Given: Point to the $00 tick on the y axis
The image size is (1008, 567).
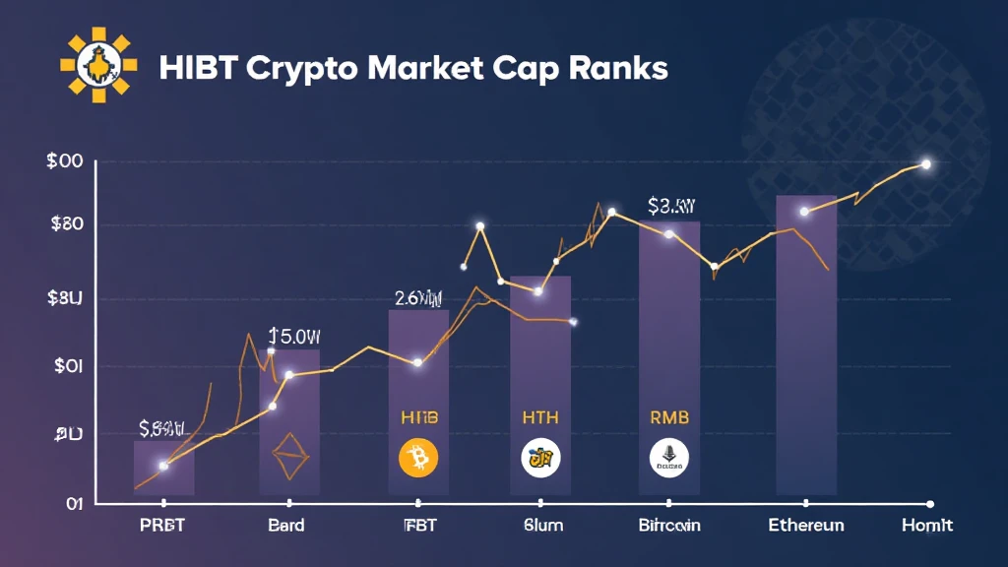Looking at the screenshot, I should tap(65, 163).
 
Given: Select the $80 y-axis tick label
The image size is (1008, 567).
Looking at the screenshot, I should tap(66, 223).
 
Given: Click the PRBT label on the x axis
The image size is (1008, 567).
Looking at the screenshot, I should tap(161, 525).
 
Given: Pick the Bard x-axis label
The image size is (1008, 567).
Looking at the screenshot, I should tap(286, 525).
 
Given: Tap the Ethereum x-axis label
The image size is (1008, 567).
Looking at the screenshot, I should tap(805, 525).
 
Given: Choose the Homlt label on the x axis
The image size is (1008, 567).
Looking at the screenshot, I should tap(927, 525).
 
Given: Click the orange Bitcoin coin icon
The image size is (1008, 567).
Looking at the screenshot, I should tap(417, 458).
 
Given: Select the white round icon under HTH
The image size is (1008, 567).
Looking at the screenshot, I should tap(539, 458).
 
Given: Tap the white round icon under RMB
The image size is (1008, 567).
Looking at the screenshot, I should tap(669, 458).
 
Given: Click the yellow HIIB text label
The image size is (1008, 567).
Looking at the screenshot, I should tap(419, 417).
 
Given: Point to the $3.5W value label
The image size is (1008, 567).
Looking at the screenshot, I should tap(672, 207).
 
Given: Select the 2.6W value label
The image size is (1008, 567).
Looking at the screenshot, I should tap(418, 296).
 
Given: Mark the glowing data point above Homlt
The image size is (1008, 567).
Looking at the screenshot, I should tap(926, 164).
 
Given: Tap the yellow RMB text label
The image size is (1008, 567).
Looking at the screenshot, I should tap(669, 417).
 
